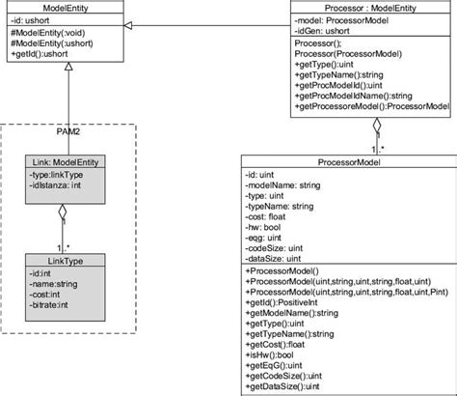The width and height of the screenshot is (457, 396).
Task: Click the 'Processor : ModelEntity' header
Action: (x=370, y=8)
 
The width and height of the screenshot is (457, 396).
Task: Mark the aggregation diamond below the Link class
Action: (x=64, y=212)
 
